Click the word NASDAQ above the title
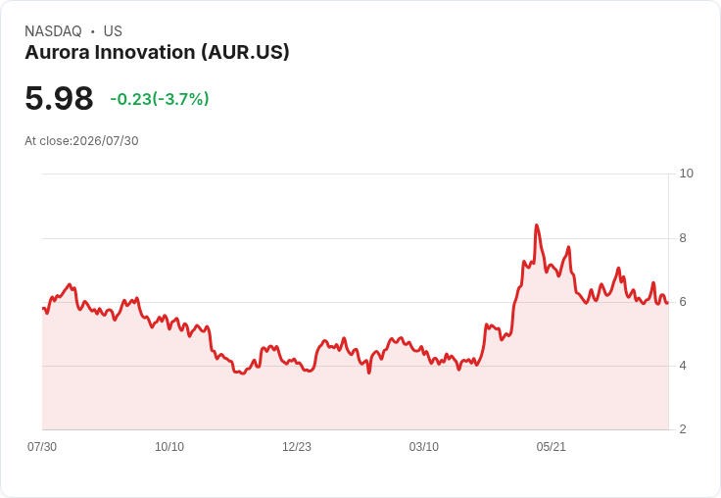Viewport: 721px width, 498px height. pos(53,31)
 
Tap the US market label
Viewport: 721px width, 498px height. pos(113,31)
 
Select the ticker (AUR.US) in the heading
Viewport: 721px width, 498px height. pos(245,52)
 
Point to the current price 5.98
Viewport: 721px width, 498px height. pos(59,98)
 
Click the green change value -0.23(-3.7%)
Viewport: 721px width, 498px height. pos(160,99)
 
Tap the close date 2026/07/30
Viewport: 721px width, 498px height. pos(105,141)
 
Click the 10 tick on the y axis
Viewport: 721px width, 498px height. pos(686,174)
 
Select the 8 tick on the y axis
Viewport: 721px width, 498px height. pos(683,238)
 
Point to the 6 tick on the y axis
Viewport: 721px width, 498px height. pos(683,302)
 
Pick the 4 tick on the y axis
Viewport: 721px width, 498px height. pos(683,366)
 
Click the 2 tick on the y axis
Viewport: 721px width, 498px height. pos(683,429)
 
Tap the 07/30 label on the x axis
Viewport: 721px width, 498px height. pos(42,447)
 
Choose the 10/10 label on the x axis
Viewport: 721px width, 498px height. pos(169,447)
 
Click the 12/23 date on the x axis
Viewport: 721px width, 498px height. pos(297,447)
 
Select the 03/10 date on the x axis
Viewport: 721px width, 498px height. pos(423,447)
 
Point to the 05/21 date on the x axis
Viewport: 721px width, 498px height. pos(551,447)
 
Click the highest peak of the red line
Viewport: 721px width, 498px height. pos(536,225)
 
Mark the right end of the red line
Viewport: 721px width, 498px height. pos(668,303)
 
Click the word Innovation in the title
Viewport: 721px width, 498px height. pos(144,52)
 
